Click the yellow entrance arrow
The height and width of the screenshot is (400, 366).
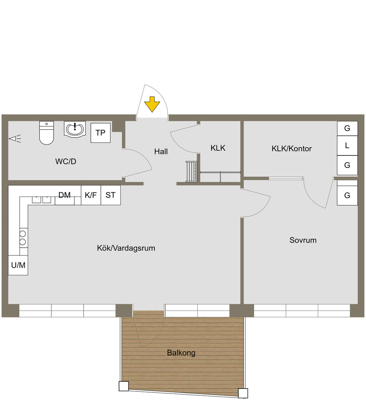(152, 104)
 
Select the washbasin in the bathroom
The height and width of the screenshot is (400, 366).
(75, 129)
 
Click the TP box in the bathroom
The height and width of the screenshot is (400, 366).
(100, 133)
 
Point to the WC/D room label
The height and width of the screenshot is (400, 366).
(66, 162)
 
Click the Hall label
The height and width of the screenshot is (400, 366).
(161, 152)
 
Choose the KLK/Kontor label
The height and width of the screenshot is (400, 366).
(292, 149)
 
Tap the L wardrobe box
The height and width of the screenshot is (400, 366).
(347, 146)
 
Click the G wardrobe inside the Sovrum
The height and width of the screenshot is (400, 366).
(347, 196)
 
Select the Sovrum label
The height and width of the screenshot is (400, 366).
(303, 240)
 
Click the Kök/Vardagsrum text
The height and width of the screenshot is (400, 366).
(126, 248)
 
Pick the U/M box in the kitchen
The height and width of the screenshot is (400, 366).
(18, 265)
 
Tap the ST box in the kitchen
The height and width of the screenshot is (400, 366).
(110, 195)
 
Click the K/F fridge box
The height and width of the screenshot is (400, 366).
(91, 195)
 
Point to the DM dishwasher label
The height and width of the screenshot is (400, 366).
(65, 195)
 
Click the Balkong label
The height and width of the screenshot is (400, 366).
(181, 353)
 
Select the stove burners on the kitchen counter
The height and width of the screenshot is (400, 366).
(23, 238)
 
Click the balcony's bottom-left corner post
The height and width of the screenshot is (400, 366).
(124, 386)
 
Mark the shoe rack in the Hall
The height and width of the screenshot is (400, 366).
(191, 172)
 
